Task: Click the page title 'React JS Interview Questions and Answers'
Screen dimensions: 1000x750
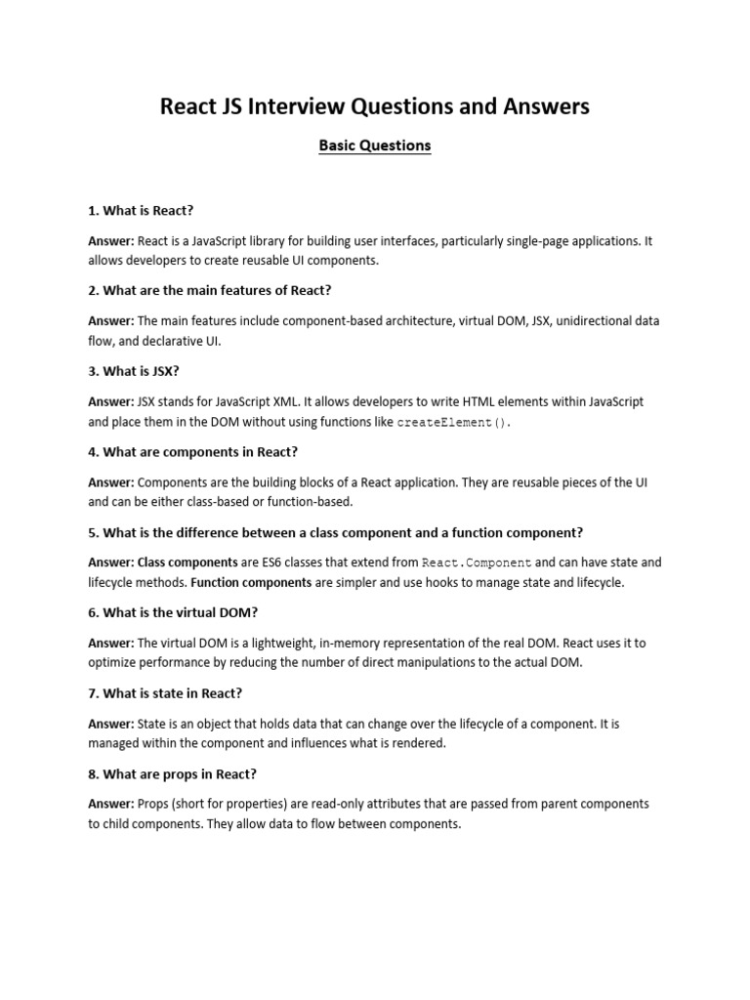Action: click(375, 106)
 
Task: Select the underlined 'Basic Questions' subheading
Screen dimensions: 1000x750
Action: click(375, 146)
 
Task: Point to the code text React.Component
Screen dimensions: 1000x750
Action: click(477, 563)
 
